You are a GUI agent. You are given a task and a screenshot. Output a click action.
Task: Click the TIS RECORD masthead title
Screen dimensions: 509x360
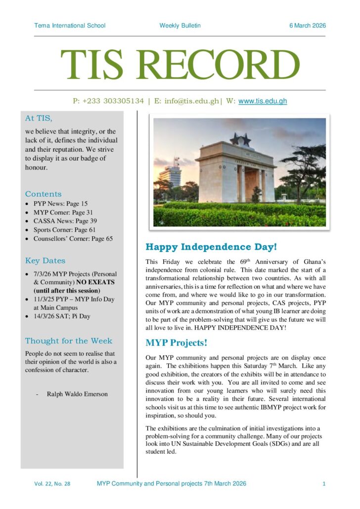[x=180, y=64]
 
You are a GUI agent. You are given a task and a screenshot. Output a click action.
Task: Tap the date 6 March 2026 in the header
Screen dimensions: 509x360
[x=307, y=26]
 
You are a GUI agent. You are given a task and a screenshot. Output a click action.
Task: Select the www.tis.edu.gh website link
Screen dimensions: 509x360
[x=263, y=101]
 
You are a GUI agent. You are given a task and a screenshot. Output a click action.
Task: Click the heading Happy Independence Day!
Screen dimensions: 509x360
[x=211, y=247]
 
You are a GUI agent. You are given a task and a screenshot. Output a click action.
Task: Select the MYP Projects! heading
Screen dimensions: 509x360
[x=176, y=342]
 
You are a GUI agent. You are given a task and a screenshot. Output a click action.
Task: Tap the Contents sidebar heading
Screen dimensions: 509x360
[x=44, y=194]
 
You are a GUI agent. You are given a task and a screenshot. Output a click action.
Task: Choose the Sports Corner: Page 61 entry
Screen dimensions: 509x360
[x=64, y=230]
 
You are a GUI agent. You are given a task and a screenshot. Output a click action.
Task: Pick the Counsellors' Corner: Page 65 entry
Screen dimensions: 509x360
[x=73, y=239]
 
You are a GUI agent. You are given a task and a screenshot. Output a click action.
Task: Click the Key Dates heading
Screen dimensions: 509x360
[x=45, y=260]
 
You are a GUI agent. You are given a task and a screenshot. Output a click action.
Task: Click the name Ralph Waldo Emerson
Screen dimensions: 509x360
[x=77, y=394]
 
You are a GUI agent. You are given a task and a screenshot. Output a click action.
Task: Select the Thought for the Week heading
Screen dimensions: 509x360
[x=69, y=340]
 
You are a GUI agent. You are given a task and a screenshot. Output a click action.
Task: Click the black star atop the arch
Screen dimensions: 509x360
[x=243, y=138]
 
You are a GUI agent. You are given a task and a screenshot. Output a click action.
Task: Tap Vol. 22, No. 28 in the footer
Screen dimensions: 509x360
[x=52, y=484]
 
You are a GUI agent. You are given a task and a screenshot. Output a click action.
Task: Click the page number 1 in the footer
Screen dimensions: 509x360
[x=324, y=484]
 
